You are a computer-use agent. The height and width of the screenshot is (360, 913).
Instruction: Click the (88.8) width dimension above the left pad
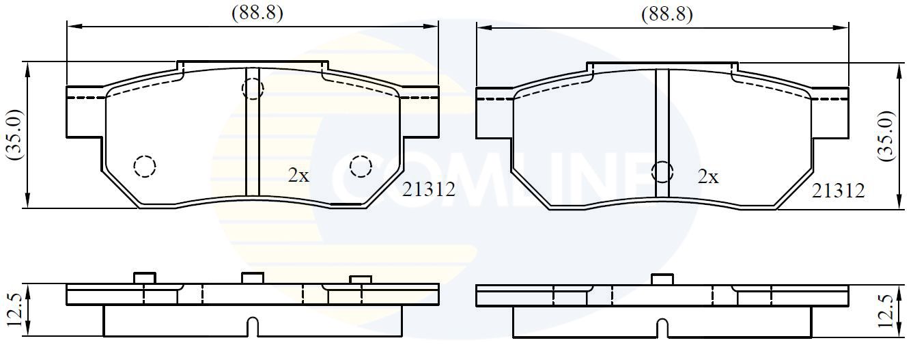pos(257,13)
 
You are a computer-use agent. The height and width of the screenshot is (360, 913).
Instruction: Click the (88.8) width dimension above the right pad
pos(666,14)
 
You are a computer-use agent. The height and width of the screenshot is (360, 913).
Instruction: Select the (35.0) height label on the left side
pos(14,135)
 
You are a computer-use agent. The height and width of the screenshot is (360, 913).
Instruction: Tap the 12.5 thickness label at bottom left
pos(15,310)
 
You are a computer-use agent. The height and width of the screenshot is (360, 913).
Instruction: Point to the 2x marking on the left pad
pos(299,176)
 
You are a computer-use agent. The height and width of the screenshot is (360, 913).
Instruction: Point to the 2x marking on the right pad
pos(708,176)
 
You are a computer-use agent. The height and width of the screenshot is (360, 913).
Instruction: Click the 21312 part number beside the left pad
pos(428,189)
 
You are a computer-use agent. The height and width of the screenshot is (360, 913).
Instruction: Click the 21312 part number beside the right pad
pos(838,191)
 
